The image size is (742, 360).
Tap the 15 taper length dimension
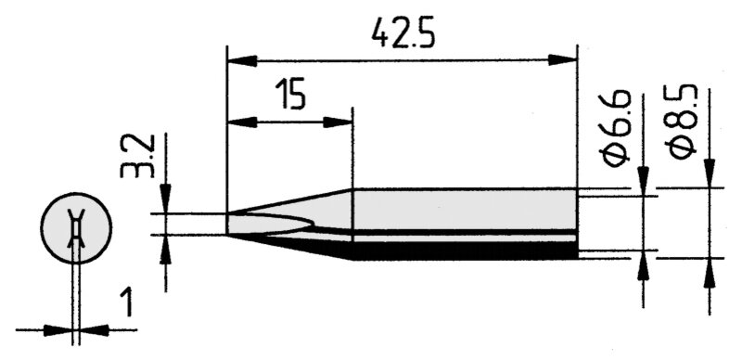289,94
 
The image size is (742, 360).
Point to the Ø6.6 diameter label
615,129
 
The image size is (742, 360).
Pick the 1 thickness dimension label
126,303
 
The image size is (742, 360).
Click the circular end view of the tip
76,228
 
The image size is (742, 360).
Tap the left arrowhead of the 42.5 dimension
242,61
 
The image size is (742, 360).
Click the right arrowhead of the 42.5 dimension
563,60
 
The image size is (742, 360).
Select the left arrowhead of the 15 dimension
242,122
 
